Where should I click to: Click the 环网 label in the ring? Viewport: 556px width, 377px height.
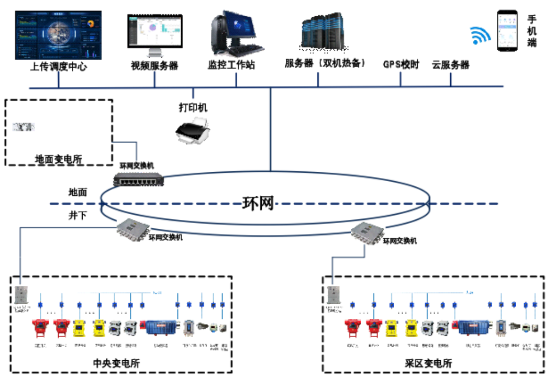pos(258,203)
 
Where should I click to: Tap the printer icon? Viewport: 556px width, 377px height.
pos(193,130)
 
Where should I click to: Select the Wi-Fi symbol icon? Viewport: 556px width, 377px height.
pos(478,36)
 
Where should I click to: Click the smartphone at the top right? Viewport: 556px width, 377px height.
pos(507,30)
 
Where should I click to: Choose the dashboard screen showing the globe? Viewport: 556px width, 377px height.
pos(59,36)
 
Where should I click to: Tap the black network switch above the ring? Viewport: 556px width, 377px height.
pos(138,179)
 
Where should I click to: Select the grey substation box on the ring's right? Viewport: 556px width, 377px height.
pos(368,233)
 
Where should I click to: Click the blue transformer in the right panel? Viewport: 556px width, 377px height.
pos(473,328)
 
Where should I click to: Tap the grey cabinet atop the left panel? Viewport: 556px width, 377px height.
pos(20,295)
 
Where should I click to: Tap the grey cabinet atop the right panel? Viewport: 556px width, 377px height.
pos(333,295)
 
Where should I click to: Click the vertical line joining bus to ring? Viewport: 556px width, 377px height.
pos(270,129)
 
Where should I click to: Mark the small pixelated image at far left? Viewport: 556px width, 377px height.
pos(24,127)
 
